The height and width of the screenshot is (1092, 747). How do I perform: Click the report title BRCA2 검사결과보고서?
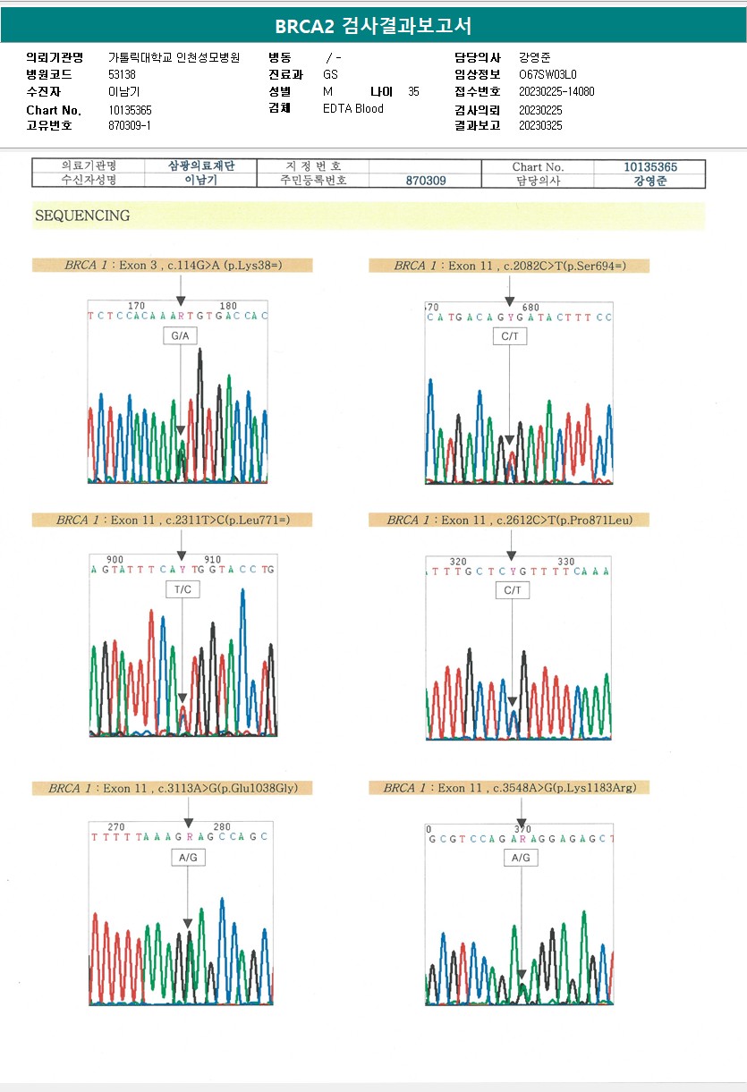click(x=373, y=25)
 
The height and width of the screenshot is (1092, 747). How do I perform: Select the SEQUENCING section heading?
click(x=82, y=216)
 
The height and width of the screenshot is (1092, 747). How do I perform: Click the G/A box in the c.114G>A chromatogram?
click(x=181, y=336)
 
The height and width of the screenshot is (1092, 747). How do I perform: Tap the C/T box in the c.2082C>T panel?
click(x=510, y=336)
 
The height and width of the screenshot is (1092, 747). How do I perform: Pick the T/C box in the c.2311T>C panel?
click(x=183, y=589)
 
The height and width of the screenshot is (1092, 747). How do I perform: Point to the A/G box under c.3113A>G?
click(x=188, y=858)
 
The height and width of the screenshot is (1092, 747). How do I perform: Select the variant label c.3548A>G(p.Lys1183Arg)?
click(x=509, y=788)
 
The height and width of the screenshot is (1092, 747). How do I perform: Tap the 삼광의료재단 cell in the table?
click(x=200, y=165)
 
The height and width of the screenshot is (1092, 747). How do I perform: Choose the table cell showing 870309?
click(x=425, y=181)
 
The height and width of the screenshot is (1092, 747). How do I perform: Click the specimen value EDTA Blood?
click(x=352, y=109)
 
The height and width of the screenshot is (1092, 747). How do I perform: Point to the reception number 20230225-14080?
click(x=556, y=91)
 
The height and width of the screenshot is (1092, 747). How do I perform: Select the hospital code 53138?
click(x=122, y=74)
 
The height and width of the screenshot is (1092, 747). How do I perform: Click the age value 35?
click(x=413, y=91)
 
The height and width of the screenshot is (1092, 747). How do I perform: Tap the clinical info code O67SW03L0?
click(x=548, y=74)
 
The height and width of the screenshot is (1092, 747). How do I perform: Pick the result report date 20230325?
click(x=540, y=125)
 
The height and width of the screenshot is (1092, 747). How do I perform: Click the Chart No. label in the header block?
click(x=54, y=110)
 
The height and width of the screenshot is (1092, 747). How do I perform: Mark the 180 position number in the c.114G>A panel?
click(x=228, y=306)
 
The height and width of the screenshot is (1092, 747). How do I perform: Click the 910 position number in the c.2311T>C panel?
click(x=212, y=559)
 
